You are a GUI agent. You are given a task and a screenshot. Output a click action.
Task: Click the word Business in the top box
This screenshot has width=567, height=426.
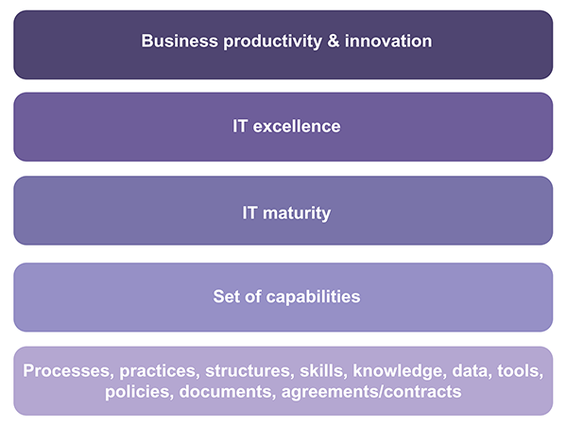point(176,42)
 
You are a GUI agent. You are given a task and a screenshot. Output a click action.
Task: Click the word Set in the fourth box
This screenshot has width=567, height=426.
point(228,297)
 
